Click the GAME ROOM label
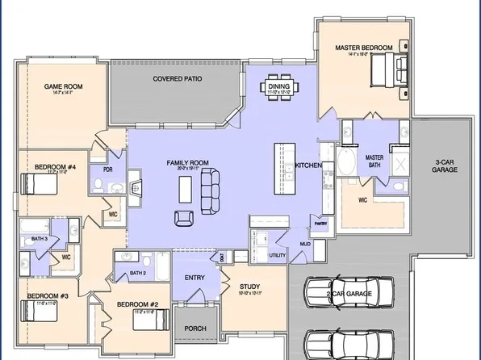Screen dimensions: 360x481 click(x=63, y=86)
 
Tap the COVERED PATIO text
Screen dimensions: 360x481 click(x=177, y=79)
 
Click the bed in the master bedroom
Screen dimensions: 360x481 click(x=389, y=75)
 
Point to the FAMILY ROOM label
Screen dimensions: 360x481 click(x=187, y=163)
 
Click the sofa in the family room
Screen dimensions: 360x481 click(x=210, y=190)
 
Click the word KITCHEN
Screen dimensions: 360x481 click(x=308, y=165)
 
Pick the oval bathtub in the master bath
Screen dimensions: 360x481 click(x=345, y=162)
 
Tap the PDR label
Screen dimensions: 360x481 click(x=107, y=170)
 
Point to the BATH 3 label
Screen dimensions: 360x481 click(x=40, y=239)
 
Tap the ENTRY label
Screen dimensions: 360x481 click(x=194, y=278)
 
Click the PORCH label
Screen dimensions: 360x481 click(x=194, y=329)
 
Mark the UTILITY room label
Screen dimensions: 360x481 click(x=278, y=255)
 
